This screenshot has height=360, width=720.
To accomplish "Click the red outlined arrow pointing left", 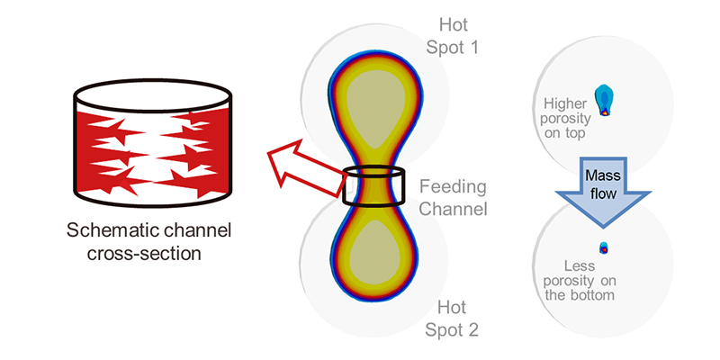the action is point(307,165).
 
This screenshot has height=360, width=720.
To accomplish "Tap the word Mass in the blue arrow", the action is point(603,175).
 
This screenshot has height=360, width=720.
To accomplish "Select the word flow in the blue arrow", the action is point(603,193).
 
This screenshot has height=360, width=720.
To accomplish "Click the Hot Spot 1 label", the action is point(453,36).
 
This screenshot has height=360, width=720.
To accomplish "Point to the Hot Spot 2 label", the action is point(453,318).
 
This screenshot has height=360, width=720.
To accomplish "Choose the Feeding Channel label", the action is point(454,198).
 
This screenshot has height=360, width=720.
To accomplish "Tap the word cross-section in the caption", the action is point(144,253).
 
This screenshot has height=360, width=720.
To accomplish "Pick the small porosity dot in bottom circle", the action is point(604,248).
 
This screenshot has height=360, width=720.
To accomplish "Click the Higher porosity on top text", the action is point(565,118).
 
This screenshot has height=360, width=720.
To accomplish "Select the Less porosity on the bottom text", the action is point(580,280).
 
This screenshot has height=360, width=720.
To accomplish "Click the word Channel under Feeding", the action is point(454,209).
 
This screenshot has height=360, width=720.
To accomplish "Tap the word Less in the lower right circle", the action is point(580,265).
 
